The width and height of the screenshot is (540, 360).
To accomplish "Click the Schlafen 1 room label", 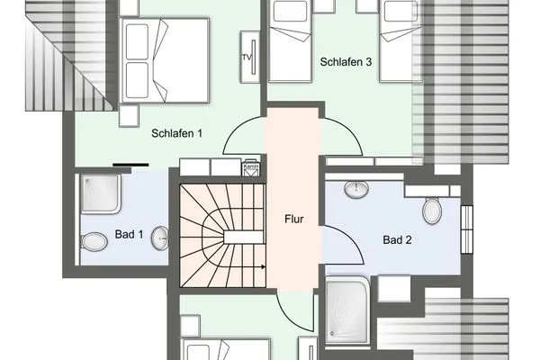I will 176,133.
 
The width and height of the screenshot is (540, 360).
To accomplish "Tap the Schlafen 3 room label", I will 346,62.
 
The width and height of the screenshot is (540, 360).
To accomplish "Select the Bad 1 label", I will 130,235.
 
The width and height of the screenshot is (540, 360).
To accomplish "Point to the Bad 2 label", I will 397,240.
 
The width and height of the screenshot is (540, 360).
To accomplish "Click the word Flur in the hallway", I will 293,218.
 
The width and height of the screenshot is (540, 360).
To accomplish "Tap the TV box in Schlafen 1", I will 247,58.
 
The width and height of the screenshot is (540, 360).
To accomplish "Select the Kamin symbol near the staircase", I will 251,167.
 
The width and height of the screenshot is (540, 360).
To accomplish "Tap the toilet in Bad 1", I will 94,242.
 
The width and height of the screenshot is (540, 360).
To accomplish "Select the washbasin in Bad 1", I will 159,238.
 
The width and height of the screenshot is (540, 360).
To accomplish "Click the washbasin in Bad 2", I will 357,189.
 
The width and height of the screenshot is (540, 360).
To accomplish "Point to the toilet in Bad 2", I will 432,211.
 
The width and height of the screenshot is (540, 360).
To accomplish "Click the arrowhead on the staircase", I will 261,267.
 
